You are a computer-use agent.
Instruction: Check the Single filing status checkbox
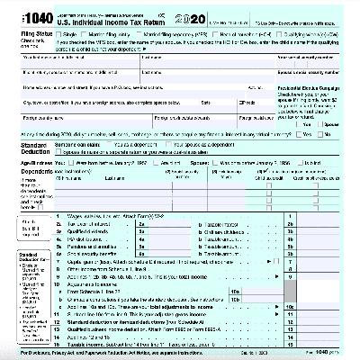[60, 34]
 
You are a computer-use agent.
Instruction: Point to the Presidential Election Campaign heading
[320, 93]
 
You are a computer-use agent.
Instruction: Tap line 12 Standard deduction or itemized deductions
[135, 319]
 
